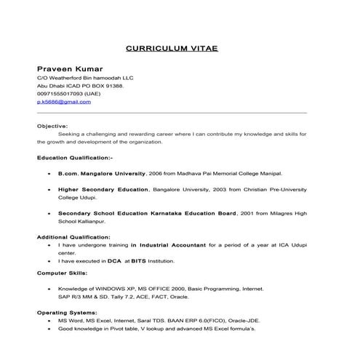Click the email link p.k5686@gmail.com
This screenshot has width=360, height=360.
tap(63, 102)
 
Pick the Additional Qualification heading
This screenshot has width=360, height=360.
tap(73, 237)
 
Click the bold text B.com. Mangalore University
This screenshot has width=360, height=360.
tap(101, 175)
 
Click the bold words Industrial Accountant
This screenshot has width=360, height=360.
tap(172, 245)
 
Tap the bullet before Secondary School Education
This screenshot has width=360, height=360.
tap(48, 213)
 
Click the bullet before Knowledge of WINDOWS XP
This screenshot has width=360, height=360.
tap(48, 289)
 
